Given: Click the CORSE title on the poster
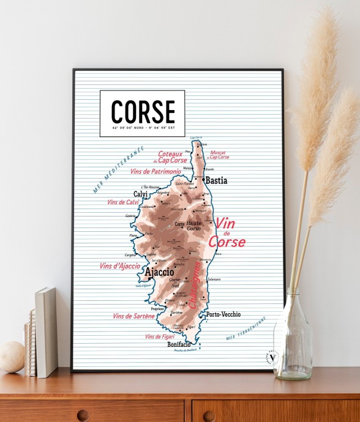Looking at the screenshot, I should pyautogui.click(x=143, y=111).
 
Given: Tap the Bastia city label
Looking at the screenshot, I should pyautogui.click(x=216, y=180).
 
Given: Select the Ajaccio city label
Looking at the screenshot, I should pyautogui.click(x=159, y=272).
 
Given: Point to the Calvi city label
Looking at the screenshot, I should pyautogui.click(x=141, y=194).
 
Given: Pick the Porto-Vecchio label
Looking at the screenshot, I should pyautogui.click(x=223, y=314).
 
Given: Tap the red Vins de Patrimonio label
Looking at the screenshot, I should pyautogui.click(x=156, y=172).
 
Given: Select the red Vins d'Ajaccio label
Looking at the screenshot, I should pyautogui.click(x=119, y=266).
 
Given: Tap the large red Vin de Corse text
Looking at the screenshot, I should pyautogui.click(x=227, y=233).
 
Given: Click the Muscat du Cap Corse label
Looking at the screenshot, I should pyautogui.click(x=219, y=155).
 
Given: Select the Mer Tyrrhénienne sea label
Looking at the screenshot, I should pyautogui.click(x=246, y=328).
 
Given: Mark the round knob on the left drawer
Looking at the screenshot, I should pyautogui.click(x=83, y=415).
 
